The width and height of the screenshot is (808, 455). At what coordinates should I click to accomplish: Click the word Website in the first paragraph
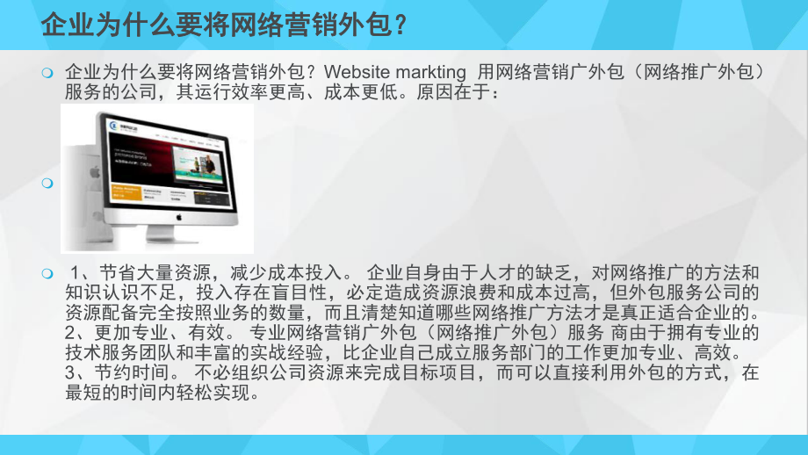355,72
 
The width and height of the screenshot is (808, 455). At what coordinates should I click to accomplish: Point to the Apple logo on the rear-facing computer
96,172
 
